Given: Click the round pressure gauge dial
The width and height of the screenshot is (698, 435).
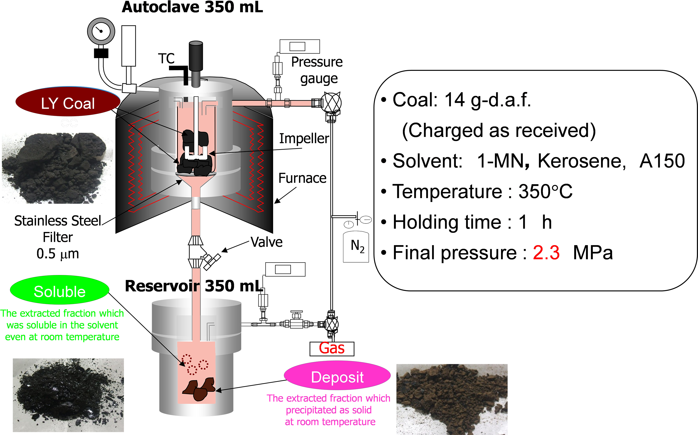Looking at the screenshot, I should pyautogui.click(x=101, y=31).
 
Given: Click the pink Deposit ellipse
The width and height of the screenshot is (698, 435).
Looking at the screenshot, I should pyautogui.click(x=337, y=376).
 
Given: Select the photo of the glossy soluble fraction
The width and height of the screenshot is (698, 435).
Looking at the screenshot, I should pyautogui.click(x=68, y=395).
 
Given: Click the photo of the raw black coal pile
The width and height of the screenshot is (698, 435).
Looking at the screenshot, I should pyautogui.click(x=57, y=168).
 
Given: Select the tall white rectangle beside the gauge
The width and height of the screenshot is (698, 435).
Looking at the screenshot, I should pyautogui.click(x=128, y=46).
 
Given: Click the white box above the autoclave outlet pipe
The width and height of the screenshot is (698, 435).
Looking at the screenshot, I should pyautogui.click(x=300, y=46).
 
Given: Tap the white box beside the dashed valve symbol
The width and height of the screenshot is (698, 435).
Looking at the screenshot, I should pyautogui.click(x=285, y=269).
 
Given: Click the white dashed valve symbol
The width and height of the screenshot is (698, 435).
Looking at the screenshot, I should pyautogui.click(x=212, y=262).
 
